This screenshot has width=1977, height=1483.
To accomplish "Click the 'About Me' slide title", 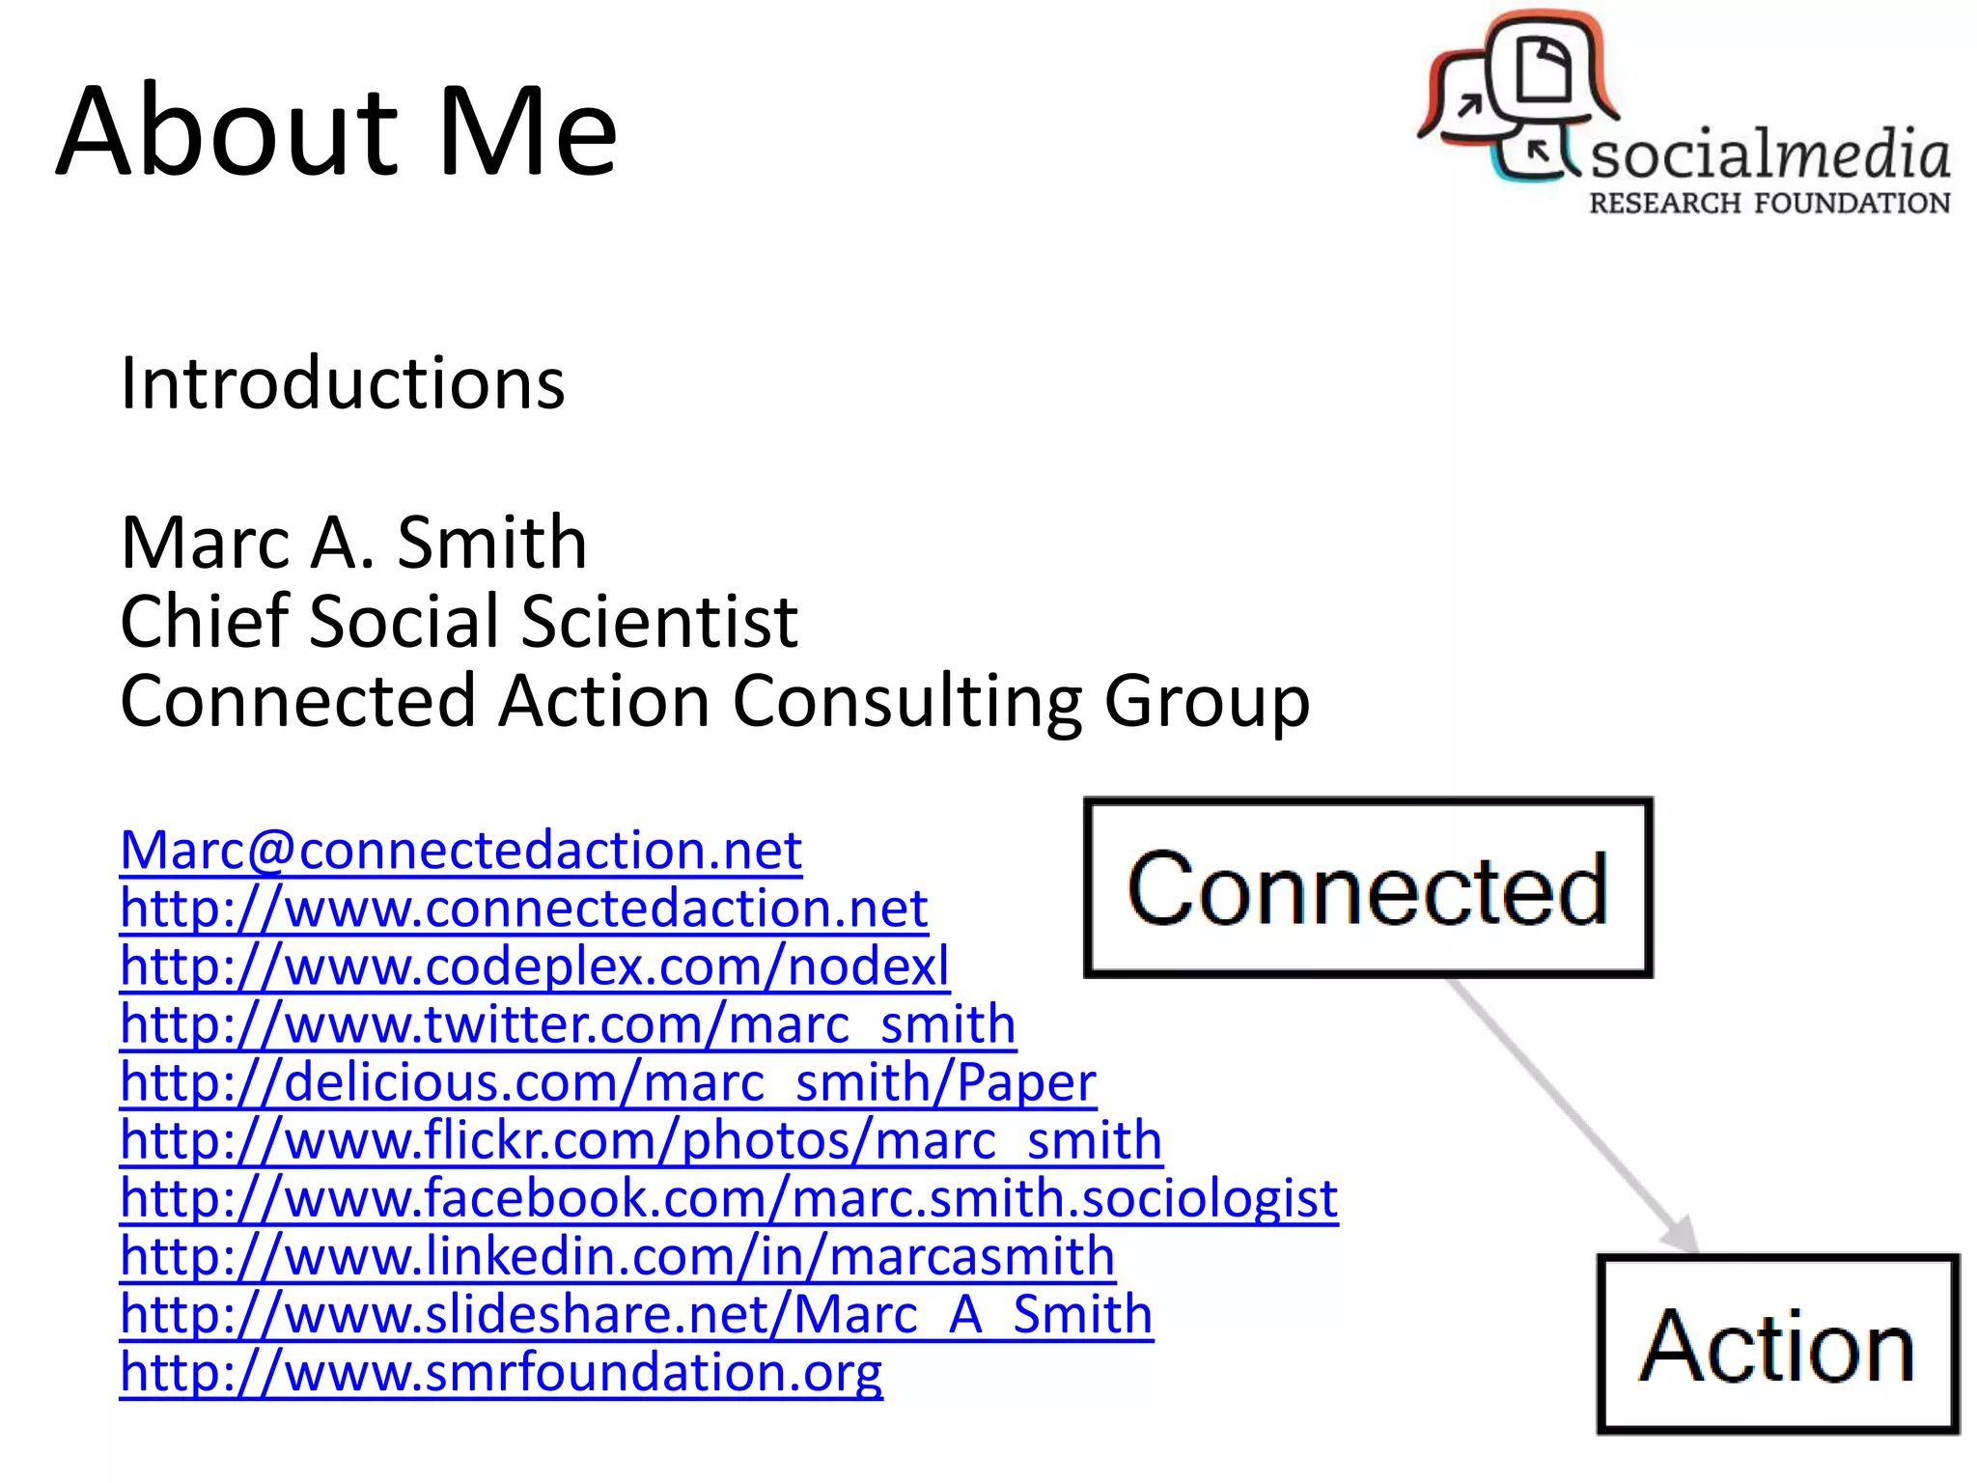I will coord(336,131).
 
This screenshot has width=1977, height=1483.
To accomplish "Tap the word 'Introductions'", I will coord(343,383).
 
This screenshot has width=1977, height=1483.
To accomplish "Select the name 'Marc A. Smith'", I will coord(353,543).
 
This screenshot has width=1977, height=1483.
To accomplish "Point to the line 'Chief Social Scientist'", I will coord(459,621).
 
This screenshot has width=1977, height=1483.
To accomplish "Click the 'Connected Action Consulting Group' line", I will coord(714,700).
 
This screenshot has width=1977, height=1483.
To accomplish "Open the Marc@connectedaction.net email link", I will coord(460,851).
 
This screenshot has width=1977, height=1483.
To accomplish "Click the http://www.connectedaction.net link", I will coord(523,909).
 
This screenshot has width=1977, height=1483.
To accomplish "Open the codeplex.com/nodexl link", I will coord(534,966).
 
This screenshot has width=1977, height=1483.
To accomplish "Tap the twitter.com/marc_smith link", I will coord(568,1024).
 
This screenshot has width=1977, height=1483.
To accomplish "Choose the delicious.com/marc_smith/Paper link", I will coord(608,1082).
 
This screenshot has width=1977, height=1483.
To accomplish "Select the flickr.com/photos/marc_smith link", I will coord(641,1140).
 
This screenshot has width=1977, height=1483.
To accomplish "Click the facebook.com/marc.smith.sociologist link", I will coord(729,1198).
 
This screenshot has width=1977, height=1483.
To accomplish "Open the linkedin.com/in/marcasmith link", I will coord(618,1256).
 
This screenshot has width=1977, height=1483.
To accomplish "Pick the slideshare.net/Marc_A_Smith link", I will coord(636,1314).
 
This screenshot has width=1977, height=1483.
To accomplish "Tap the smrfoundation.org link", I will coord(501,1372).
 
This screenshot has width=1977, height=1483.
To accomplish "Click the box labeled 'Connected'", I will coord(1368,887).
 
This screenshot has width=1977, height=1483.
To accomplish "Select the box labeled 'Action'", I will coord(1777,1344).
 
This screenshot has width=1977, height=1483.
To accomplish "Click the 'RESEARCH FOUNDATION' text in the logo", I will coord(1769,203).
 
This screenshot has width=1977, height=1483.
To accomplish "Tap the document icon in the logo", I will coord(1544,68).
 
